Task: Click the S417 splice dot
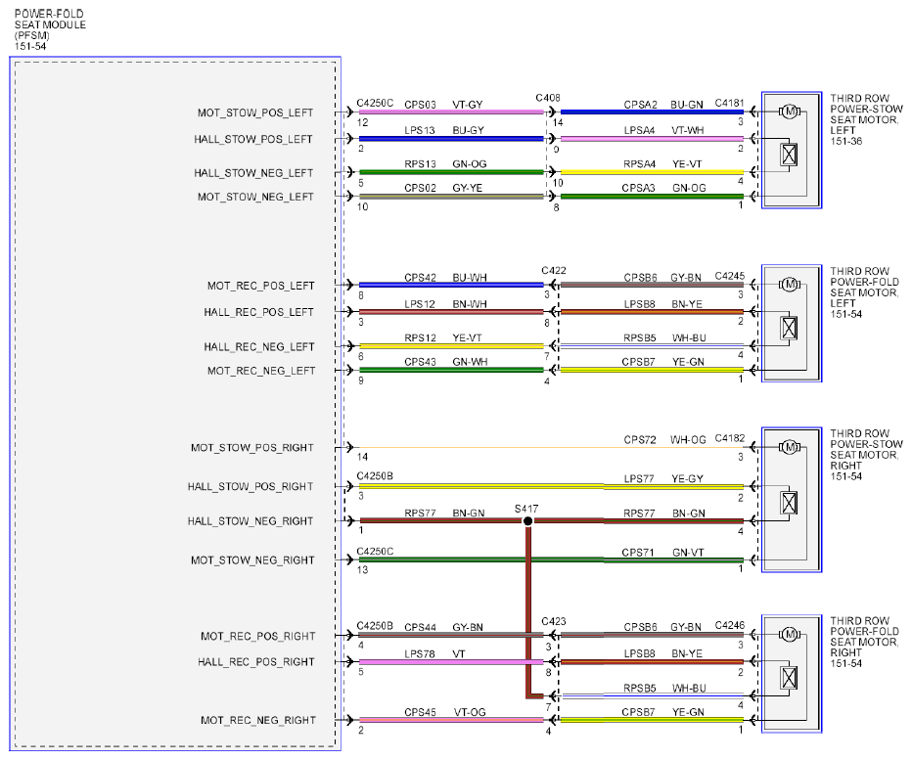[x=527, y=521]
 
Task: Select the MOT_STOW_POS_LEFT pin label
[x=255, y=112]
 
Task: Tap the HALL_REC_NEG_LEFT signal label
[x=259, y=347]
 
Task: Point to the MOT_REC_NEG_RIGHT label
[x=258, y=721]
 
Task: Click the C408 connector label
[x=548, y=98]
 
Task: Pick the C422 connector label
[x=554, y=270]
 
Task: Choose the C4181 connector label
[x=729, y=103]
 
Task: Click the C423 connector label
[x=554, y=621]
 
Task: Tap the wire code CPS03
[x=420, y=105]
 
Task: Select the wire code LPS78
[x=420, y=654]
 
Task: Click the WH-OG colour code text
[x=688, y=439]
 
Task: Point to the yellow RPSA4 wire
[x=652, y=172]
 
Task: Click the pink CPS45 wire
[x=451, y=720]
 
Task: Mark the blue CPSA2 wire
[x=652, y=112]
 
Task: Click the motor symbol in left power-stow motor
[x=790, y=112]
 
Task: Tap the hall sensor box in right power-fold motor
[x=789, y=678]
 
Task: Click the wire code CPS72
[x=640, y=439]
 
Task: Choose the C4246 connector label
[x=729, y=625]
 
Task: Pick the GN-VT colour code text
[x=688, y=553]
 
